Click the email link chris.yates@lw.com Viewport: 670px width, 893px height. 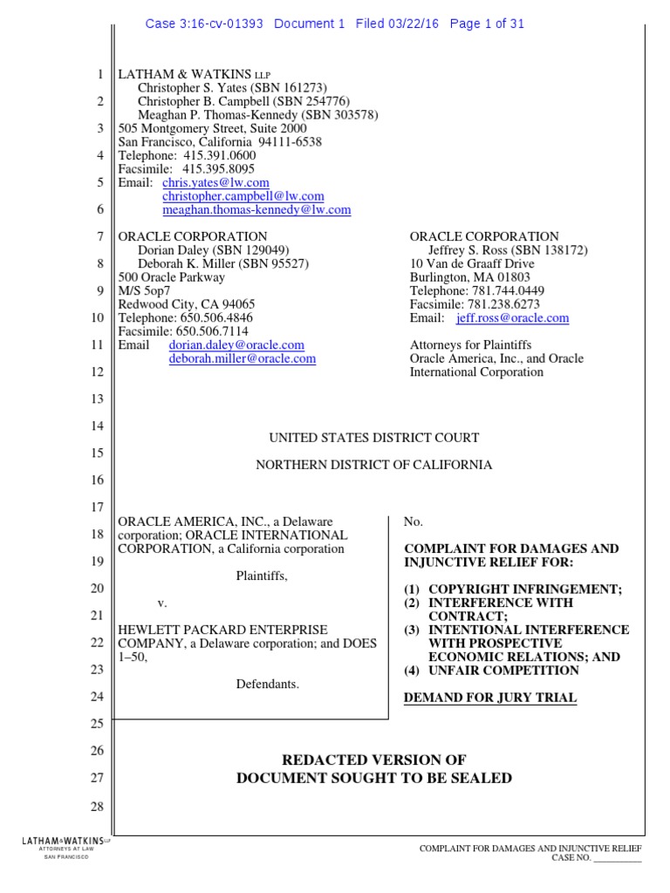215,182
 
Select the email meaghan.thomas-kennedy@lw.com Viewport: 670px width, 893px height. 256,209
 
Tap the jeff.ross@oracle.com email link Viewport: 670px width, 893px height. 506,318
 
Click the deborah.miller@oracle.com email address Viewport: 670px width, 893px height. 242,358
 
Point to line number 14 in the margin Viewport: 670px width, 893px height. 97,426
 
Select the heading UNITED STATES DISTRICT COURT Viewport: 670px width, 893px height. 373,438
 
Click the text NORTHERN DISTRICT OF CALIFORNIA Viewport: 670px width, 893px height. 373,465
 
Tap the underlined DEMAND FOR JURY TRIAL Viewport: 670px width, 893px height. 489,698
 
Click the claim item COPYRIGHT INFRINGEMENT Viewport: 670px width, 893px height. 523,590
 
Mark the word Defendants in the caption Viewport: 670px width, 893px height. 267,684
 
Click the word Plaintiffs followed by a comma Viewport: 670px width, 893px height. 262,576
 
